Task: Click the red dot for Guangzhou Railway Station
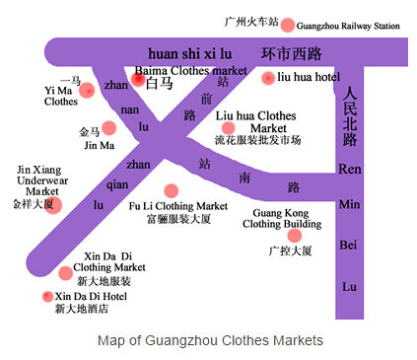[287, 25]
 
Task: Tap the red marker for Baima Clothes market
[138, 79]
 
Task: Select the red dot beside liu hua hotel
[268, 78]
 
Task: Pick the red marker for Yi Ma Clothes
[88, 90]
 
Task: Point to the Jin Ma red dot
[109, 128]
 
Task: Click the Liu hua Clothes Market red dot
[229, 128]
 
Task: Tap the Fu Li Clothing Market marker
[171, 190]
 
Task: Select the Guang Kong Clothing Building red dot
[295, 236]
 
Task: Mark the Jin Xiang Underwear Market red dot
[53, 205]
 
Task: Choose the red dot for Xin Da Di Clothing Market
[65, 273]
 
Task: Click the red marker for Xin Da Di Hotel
[48, 296]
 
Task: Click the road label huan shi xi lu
[190, 54]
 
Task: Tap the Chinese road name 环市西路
[291, 53]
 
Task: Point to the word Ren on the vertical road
[350, 169]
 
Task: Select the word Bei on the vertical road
[348, 245]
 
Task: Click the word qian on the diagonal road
[117, 185]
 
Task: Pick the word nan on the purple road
[130, 109]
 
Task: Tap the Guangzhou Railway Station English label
[348, 26]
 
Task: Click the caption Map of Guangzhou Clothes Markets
[210, 340]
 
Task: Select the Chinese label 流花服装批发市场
[257, 140]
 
